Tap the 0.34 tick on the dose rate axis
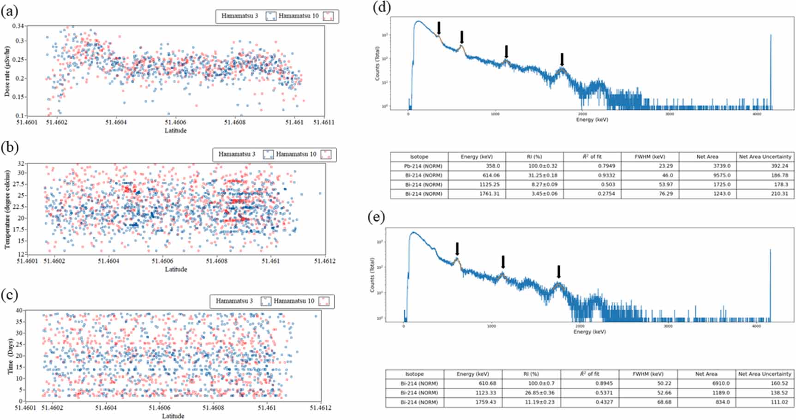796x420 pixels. coord(18,26)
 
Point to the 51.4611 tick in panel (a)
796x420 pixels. coord(324,123)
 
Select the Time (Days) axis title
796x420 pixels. coord(10,356)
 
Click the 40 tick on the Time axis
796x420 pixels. coord(19,310)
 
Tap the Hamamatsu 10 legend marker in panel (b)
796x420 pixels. coord(326,155)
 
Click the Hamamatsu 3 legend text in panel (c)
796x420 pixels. coord(234,301)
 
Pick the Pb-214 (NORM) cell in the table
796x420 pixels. coord(419,166)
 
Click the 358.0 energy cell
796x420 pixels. coord(477,166)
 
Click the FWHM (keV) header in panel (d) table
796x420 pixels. coord(650,157)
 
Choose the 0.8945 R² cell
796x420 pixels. coord(590,384)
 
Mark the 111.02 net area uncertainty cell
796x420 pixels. coord(765,402)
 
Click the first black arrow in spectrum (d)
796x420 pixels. coord(439,28)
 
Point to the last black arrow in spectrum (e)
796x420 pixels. coord(559,272)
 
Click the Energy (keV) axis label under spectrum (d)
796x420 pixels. coord(592,120)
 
